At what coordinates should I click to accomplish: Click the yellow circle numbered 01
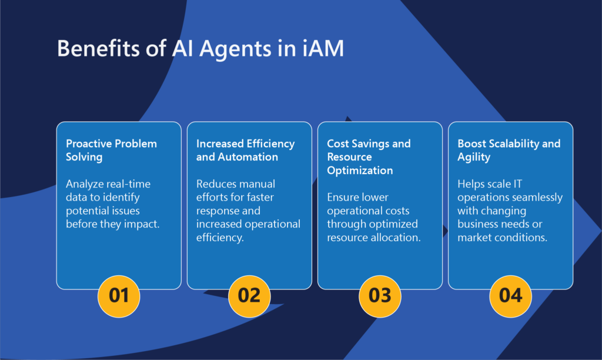click(x=119, y=296)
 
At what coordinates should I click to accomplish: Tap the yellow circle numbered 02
click(x=249, y=296)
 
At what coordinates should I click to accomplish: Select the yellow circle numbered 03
click(x=380, y=296)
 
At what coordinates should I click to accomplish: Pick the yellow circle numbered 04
click(x=511, y=296)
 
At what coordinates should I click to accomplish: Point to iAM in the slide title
click(x=323, y=48)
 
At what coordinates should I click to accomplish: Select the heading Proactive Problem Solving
click(x=111, y=150)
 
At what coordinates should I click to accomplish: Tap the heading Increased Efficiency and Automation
click(x=245, y=150)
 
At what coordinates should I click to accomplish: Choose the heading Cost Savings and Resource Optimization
click(x=369, y=156)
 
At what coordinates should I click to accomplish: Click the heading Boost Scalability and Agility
click(x=509, y=150)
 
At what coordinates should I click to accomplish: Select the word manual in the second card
click(x=258, y=184)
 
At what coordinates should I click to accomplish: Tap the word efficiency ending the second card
click(x=220, y=238)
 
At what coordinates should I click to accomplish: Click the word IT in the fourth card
click(x=517, y=184)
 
